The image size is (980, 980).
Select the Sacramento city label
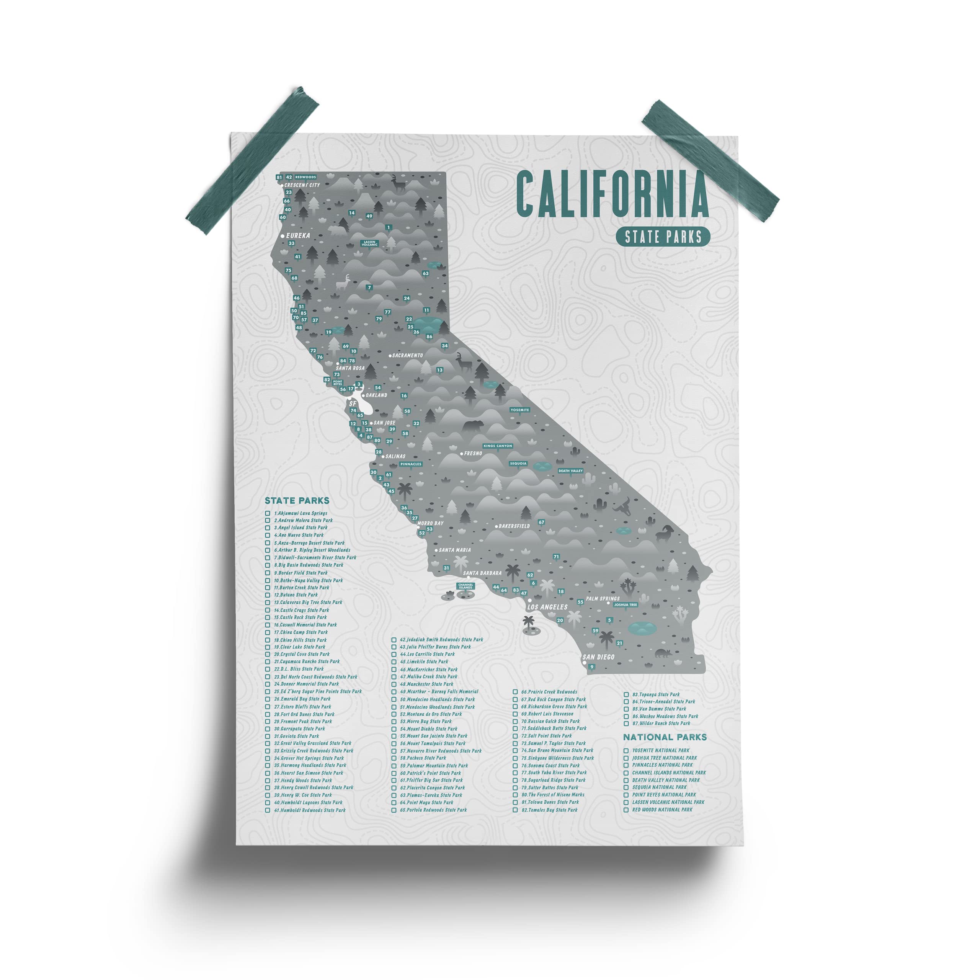[x=407, y=356]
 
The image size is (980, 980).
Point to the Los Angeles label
[x=547, y=607]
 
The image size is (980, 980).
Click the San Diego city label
[x=599, y=657]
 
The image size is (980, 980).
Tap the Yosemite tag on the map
[x=519, y=410]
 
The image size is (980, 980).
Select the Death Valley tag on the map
[x=570, y=471]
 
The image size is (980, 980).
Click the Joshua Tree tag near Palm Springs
[x=625, y=604]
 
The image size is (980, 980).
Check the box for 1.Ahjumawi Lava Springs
[x=267, y=513]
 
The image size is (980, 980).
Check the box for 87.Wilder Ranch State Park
[x=626, y=724]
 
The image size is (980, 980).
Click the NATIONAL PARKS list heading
[x=665, y=737]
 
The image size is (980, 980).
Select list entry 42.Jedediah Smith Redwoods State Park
[x=441, y=640]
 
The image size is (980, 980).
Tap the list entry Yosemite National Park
[x=660, y=750]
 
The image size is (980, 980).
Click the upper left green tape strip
[x=252, y=161]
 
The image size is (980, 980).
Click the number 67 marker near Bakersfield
[x=541, y=522]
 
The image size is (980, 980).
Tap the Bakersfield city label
[x=514, y=526]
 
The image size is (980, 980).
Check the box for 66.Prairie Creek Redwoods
[x=515, y=692]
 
